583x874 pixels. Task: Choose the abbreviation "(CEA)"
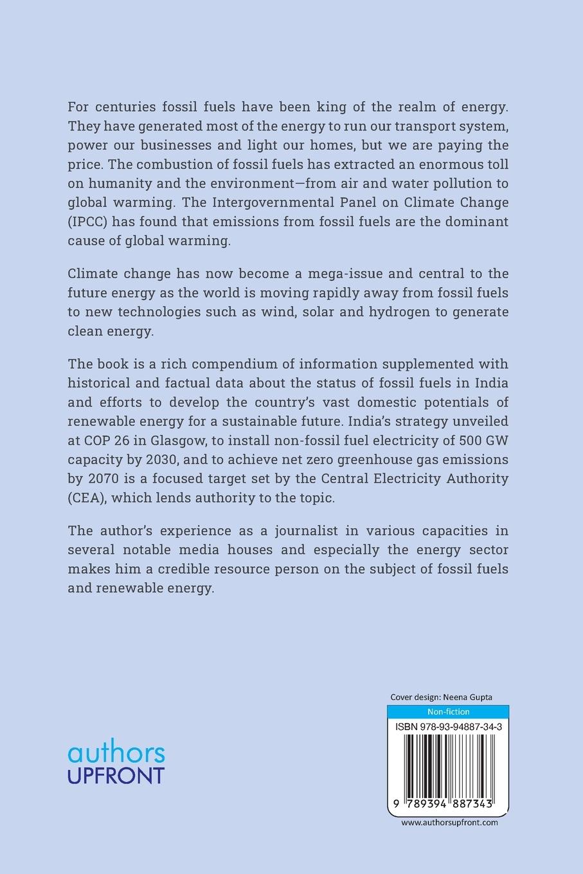pos(87,499)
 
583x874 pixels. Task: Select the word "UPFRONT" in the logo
pos(116,775)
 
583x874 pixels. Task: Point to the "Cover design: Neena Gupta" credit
pos(441,697)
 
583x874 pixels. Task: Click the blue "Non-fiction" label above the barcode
pos(448,711)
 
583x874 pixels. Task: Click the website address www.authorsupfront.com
pos(449,822)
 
